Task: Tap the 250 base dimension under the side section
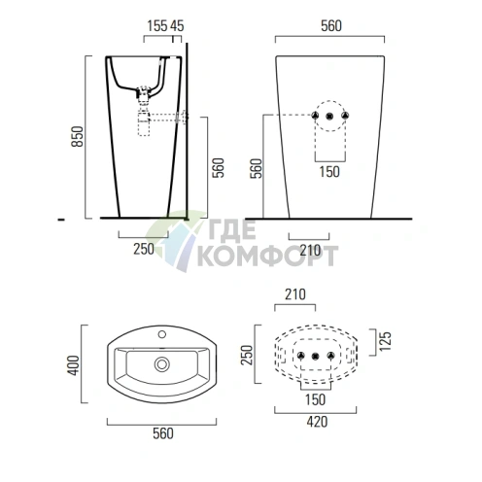(143, 250)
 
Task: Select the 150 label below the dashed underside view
(314, 400)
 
